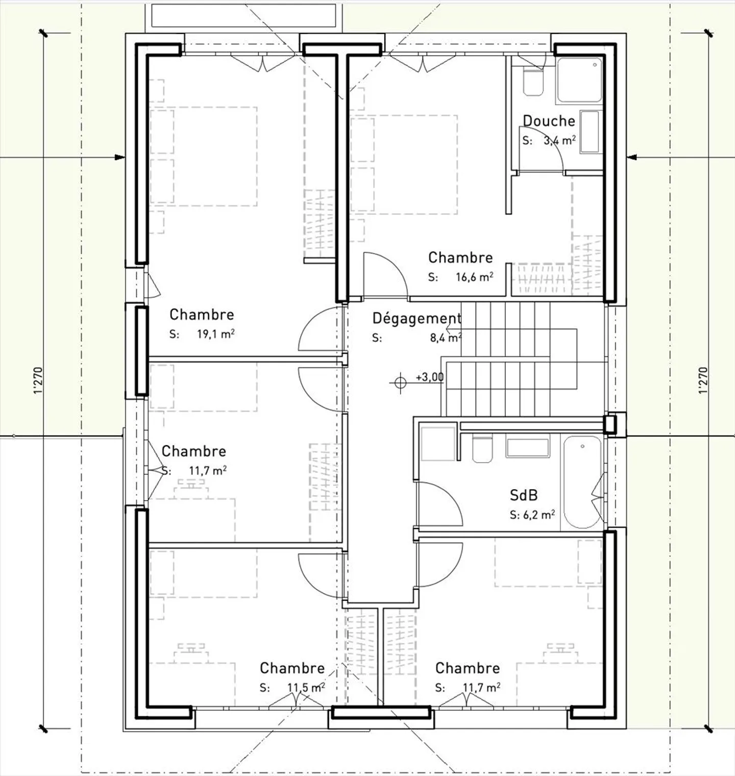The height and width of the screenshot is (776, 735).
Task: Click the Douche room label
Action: (x=549, y=121)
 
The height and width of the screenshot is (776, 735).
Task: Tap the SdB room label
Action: (x=524, y=495)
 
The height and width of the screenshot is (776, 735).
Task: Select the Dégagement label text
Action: (x=416, y=318)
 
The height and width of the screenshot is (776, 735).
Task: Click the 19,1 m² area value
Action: (x=215, y=334)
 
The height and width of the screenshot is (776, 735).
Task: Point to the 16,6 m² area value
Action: (x=474, y=277)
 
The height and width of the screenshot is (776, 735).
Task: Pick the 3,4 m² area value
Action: (x=560, y=140)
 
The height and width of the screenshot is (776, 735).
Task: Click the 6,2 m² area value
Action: (x=539, y=515)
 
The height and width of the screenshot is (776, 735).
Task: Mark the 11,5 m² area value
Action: (x=306, y=688)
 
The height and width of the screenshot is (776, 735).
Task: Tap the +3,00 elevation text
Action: (x=429, y=377)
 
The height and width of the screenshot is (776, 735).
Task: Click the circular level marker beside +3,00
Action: (x=401, y=381)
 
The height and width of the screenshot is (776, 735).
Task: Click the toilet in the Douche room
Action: (x=533, y=82)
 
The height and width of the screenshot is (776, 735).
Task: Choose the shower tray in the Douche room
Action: (x=579, y=80)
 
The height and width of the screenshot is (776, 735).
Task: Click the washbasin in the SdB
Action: (x=527, y=447)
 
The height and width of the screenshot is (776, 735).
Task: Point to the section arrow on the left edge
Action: (x=120, y=157)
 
